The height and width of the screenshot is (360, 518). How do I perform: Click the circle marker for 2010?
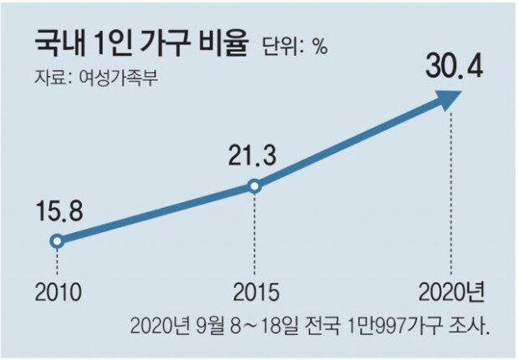[x=56, y=241]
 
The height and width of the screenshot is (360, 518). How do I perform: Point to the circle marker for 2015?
[x=254, y=187]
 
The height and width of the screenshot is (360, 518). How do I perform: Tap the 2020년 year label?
[x=452, y=294]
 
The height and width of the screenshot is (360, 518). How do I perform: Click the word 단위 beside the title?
[x=281, y=47]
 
